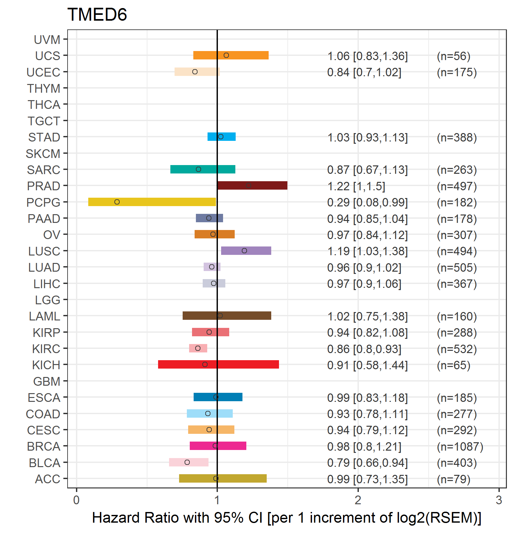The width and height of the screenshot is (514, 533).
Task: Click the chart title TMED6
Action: [x=97, y=15]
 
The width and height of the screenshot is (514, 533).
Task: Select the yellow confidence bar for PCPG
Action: [x=152, y=202]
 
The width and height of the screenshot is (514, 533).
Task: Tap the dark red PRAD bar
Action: [x=252, y=185]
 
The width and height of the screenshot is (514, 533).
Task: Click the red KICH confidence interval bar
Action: [x=219, y=364]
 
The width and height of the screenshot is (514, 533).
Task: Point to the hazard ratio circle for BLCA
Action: [x=187, y=462]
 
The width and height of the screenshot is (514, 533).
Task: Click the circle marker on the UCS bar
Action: [x=226, y=55]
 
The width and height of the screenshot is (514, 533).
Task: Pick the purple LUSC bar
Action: [x=246, y=251]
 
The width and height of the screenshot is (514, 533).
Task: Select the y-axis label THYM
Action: [x=44, y=89]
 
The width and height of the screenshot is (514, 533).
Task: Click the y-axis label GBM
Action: [x=47, y=381]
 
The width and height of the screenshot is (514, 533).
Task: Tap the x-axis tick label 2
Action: [x=358, y=500]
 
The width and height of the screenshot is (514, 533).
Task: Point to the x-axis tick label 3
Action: [x=499, y=500]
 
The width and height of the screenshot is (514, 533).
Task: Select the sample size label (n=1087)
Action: [x=460, y=447]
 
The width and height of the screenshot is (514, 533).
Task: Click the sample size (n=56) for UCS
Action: [x=454, y=56]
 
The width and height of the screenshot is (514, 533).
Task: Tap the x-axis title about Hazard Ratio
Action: [x=286, y=517]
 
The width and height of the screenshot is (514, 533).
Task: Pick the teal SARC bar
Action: [x=203, y=169]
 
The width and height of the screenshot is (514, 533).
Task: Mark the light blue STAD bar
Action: [x=221, y=137]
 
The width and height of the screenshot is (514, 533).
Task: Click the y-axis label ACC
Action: [x=48, y=479]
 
